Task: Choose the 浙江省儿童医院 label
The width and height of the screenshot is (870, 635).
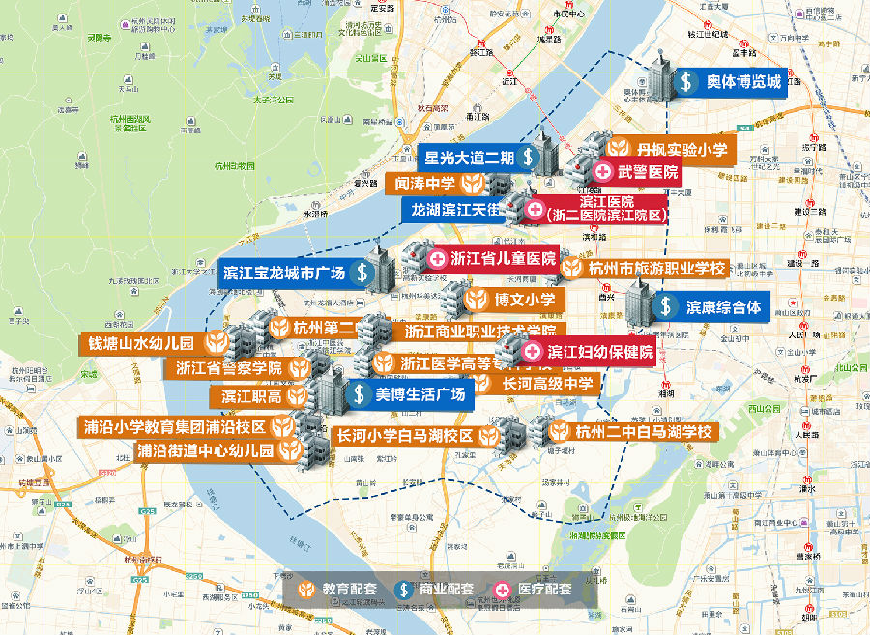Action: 492,258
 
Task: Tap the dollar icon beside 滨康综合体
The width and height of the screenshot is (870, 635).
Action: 666,307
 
